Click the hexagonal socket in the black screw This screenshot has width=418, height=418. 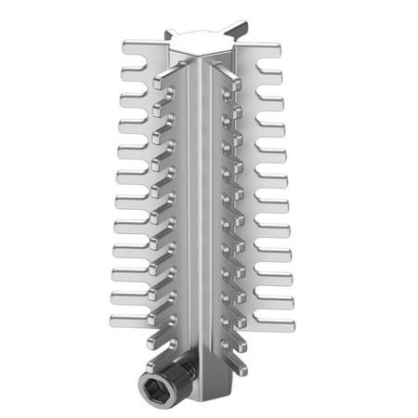coord(150,385)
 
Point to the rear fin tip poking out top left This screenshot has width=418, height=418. coord(169,33)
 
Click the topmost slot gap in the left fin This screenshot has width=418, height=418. coord(139,58)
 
